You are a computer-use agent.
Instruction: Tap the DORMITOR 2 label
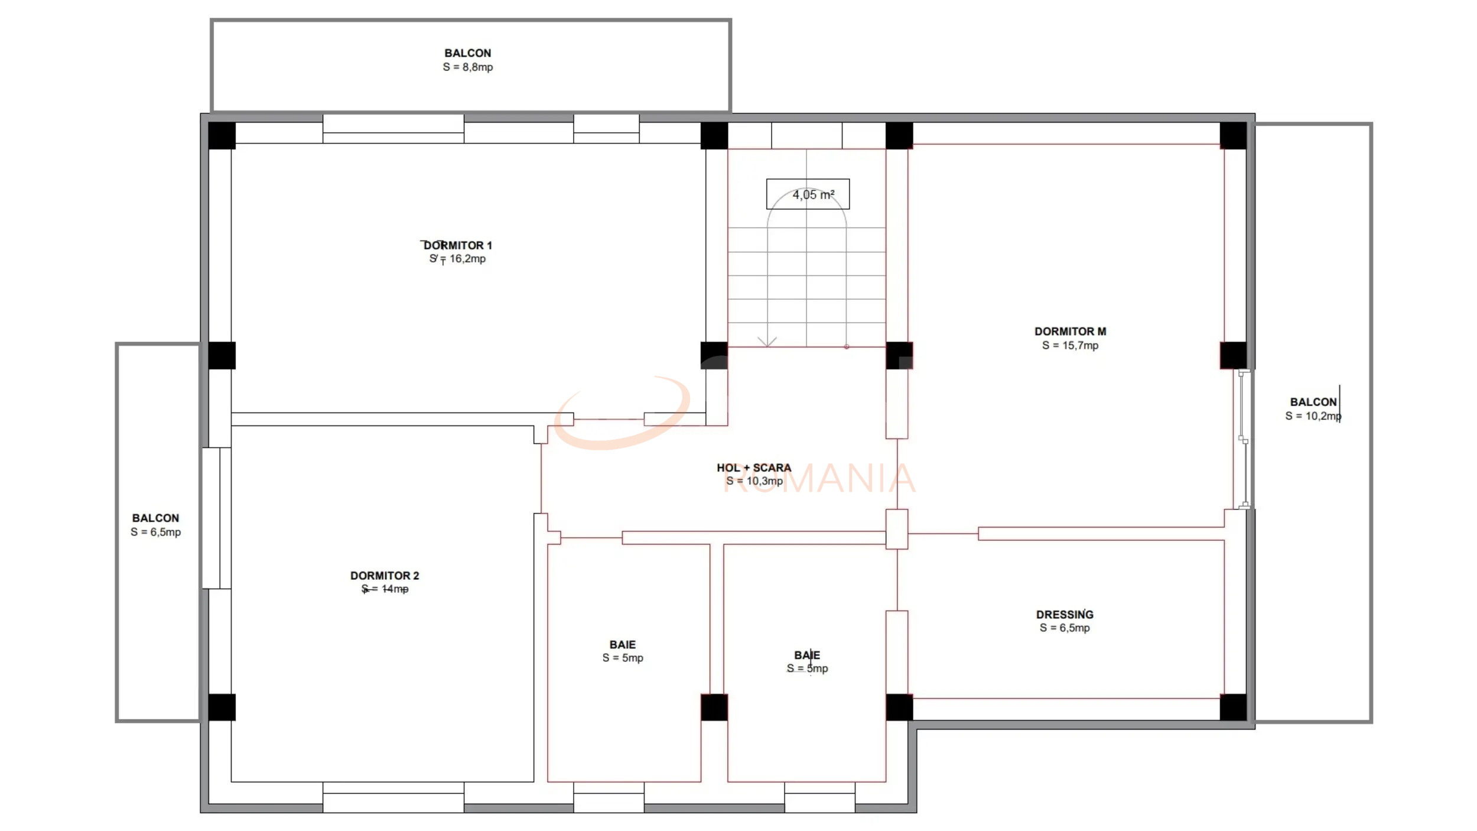(385, 576)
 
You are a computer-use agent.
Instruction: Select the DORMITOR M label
(1070, 332)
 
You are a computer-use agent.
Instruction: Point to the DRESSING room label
(1065, 615)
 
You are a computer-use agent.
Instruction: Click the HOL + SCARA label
(754, 468)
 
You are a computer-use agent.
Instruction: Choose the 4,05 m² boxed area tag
(808, 194)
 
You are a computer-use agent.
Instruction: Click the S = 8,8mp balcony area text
(468, 67)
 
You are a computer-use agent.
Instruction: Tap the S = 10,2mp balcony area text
(1313, 416)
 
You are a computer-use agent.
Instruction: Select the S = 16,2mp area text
(458, 259)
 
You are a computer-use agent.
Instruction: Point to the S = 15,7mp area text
(1070, 346)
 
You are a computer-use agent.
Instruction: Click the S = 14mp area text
(385, 589)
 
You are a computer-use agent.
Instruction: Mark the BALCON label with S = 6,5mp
(155, 518)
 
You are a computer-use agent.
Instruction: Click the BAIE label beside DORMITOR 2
(623, 645)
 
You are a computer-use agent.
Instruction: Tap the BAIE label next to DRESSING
(807, 655)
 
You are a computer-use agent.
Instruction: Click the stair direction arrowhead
(767, 342)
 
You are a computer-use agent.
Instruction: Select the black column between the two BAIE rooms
(714, 707)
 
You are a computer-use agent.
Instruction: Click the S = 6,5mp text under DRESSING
(1065, 628)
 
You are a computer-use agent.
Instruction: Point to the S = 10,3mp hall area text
(754, 481)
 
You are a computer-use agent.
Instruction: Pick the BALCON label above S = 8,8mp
(468, 53)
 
